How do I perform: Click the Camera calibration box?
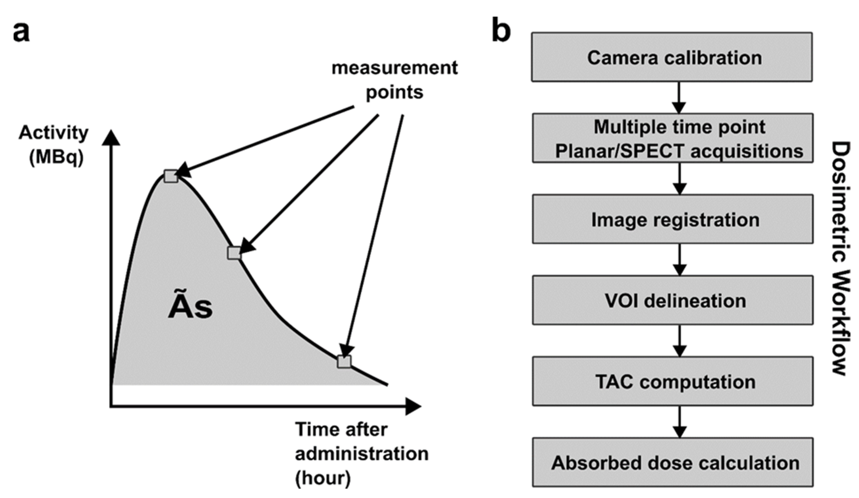click(x=672, y=57)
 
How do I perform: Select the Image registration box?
click(x=672, y=219)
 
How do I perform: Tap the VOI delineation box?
click(x=672, y=300)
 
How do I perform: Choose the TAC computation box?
click(x=672, y=381)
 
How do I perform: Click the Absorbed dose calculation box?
click(x=672, y=462)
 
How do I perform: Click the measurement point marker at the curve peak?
click(x=171, y=176)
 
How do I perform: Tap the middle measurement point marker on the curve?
click(x=234, y=253)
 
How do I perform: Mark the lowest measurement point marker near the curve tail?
click(x=344, y=362)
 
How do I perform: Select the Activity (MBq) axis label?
click(x=54, y=145)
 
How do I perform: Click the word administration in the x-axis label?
click(x=361, y=454)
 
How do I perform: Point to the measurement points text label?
click(x=394, y=80)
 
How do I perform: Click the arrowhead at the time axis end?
click(x=413, y=406)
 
